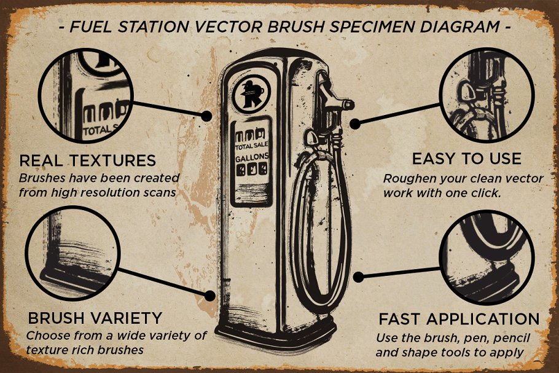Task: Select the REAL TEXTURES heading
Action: tap(87, 160)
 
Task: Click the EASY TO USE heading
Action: tap(466, 159)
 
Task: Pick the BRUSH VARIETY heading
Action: tap(95, 318)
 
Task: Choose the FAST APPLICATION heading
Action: tap(459, 319)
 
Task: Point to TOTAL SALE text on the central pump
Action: tap(252, 146)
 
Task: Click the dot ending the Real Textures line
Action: tap(208, 115)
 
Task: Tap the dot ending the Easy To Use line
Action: tap(354, 124)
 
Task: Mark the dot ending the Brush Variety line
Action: tap(210, 296)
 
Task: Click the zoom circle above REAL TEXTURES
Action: tap(85, 95)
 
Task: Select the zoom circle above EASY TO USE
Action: tap(488, 95)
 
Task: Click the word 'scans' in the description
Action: tap(157, 192)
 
